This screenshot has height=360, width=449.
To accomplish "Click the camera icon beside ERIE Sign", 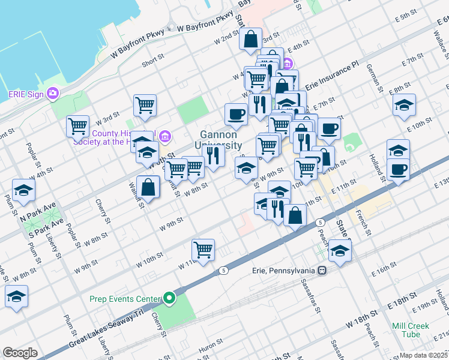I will click(53, 93).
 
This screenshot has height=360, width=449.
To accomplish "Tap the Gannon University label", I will click(218, 140).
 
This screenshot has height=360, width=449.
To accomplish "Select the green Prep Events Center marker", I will click(170, 298).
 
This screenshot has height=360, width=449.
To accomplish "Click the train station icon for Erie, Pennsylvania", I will click(322, 270).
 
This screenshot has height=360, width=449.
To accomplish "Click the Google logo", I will click(20, 353).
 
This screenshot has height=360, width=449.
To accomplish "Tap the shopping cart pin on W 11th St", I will click(203, 250).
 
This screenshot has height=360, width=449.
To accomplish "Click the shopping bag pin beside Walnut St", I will click(148, 187).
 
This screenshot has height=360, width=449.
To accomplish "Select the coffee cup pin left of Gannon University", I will click(236, 113).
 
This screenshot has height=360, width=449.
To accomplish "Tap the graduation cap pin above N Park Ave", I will click(23, 191).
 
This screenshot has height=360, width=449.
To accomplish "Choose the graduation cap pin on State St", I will click(340, 251).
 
